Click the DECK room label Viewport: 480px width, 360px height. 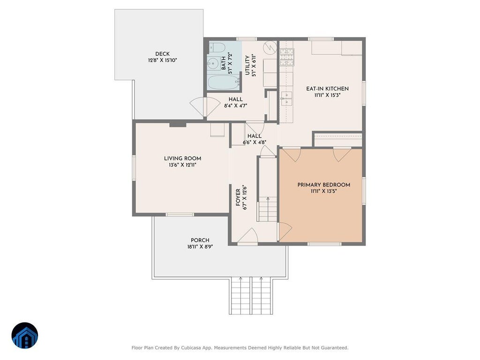(x=162, y=54)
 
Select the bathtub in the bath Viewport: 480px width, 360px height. (x=224, y=82)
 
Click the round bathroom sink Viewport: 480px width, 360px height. (x=212, y=64)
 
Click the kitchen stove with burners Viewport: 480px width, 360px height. (x=287, y=57)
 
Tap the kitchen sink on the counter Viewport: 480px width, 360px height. (x=286, y=98)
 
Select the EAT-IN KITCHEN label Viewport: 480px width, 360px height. (x=327, y=89)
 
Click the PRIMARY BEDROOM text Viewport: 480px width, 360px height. (x=324, y=185)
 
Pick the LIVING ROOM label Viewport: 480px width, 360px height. (x=182, y=158)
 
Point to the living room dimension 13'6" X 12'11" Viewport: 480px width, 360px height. (x=182, y=165)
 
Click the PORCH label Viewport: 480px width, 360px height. (x=200, y=240)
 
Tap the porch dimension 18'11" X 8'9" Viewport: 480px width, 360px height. (x=200, y=247)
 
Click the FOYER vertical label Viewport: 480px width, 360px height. (x=238, y=197)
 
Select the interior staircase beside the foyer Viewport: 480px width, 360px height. (x=267, y=209)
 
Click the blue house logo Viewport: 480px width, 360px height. (x=25, y=336)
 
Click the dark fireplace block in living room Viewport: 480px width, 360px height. (x=178, y=124)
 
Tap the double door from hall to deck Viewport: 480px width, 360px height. (x=199, y=107)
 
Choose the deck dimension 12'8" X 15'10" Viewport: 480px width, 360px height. (x=163, y=60)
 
